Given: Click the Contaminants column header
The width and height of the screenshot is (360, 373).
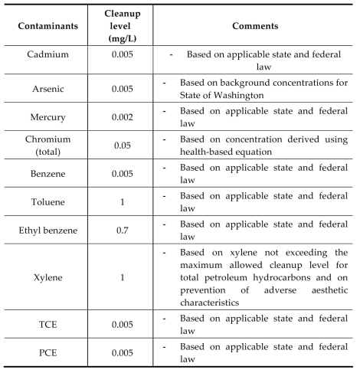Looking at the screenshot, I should point(49,26).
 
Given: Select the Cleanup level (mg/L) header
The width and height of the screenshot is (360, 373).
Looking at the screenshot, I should point(121,26).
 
